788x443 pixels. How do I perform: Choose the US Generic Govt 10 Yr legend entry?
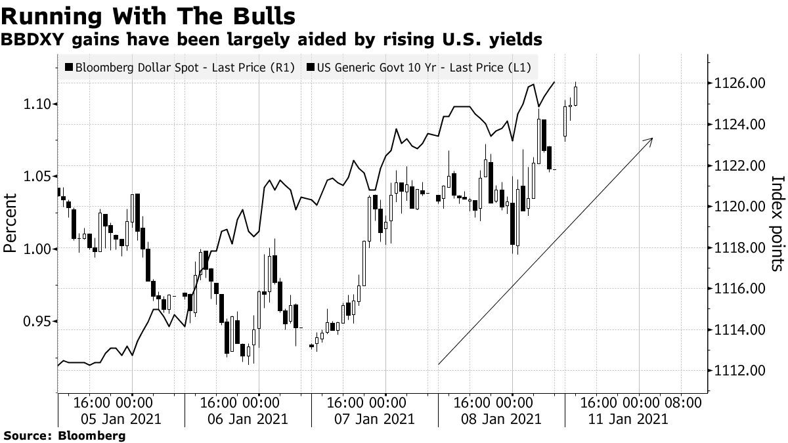[x=423, y=67]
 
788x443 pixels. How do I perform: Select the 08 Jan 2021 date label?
[x=503, y=419]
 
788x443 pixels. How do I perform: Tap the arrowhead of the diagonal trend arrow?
[x=650, y=140]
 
